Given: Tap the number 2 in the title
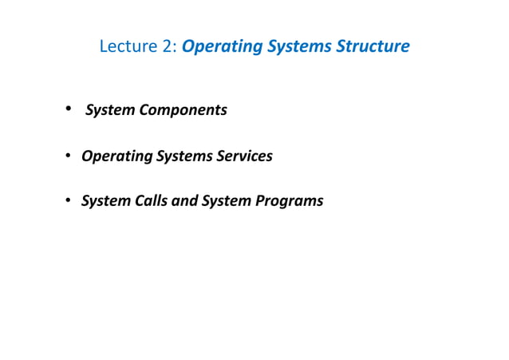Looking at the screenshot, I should pyautogui.click(x=168, y=46).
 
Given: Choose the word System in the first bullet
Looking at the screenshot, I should pyautogui.click(x=110, y=110).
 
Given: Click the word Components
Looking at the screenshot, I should pyautogui.click(x=183, y=110).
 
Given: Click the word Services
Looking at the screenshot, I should pyautogui.click(x=245, y=156).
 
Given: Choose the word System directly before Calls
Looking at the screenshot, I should pyautogui.click(x=105, y=201).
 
